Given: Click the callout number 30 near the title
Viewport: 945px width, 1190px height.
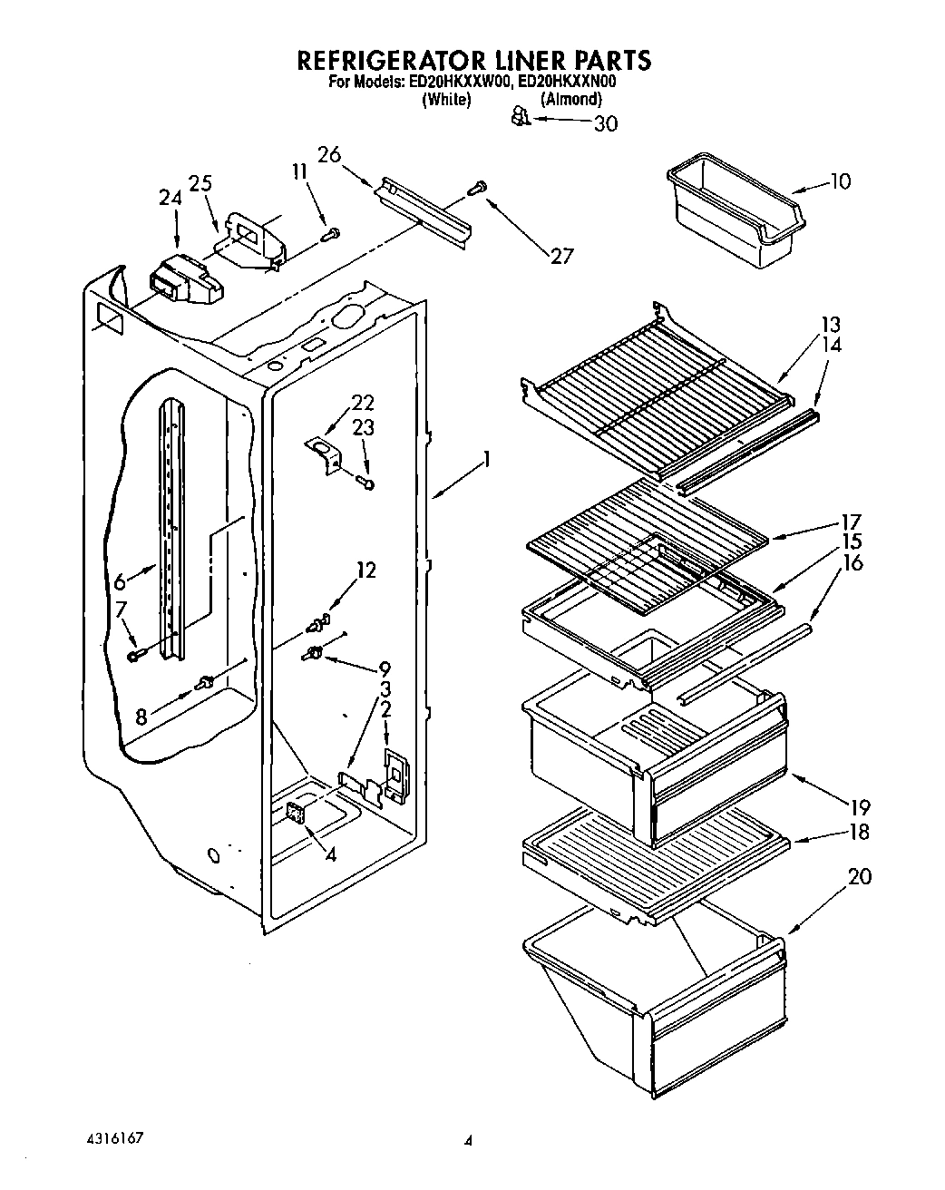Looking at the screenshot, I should (604, 123).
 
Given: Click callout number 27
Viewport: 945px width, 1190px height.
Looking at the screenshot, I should (562, 256).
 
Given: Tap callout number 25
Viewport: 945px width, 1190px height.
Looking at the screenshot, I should (200, 182).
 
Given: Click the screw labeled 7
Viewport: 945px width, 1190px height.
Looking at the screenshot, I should (135, 654).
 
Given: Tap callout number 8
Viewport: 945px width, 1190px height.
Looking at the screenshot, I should (141, 717).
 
